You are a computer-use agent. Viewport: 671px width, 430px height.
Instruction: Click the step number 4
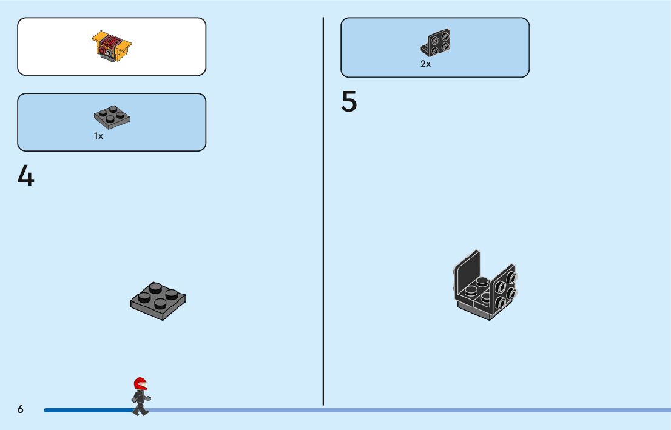tap(25, 176)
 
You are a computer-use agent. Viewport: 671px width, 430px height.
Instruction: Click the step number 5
tap(349, 102)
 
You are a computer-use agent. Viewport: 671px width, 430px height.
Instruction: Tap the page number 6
tap(20, 409)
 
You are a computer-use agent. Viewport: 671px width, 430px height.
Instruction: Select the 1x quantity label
tap(98, 136)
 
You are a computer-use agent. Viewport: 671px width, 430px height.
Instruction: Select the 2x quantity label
tap(426, 64)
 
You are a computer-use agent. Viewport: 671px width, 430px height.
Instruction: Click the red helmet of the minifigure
tap(140, 383)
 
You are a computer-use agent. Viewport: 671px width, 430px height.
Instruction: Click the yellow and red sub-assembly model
tap(112, 45)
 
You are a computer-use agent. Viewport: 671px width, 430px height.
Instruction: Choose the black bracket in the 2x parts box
tap(436, 42)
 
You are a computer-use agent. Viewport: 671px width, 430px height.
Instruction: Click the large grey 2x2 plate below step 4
tap(158, 300)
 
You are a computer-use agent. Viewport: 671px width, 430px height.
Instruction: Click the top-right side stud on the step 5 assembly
tap(511, 278)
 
